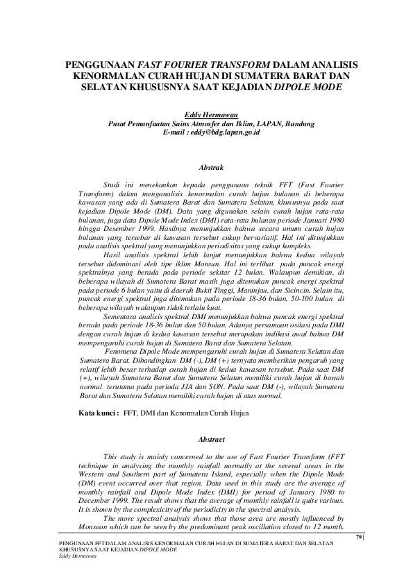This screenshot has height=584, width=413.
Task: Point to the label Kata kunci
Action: point(95,412)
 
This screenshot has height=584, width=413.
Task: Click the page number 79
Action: point(358,537)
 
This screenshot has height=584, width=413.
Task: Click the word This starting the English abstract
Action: point(110,457)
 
